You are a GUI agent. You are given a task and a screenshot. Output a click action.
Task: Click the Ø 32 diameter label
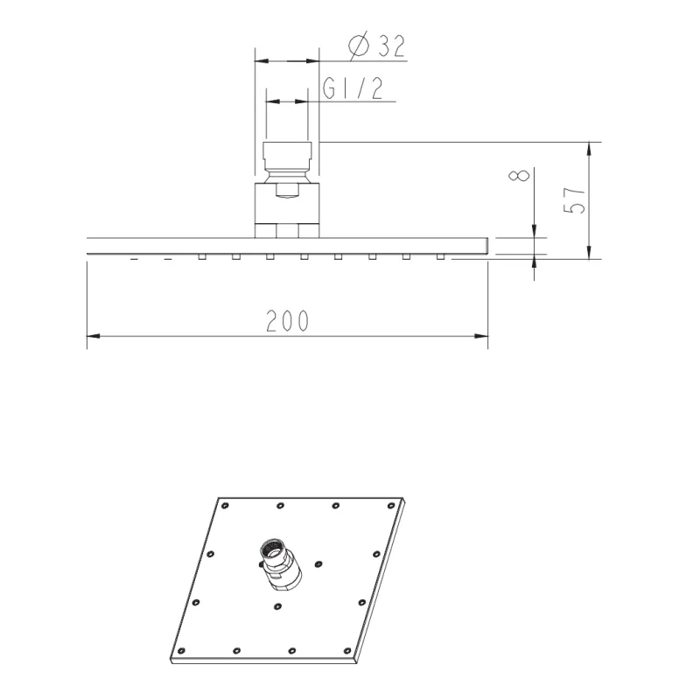coord(377,45)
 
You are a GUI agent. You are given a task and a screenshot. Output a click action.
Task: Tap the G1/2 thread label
coord(353,88)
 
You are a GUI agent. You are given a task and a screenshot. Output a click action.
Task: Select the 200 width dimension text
coord(287,320)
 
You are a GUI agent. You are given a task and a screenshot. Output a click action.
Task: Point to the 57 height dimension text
coord(574,200)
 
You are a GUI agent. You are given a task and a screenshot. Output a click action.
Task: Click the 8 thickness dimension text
coord(519,175)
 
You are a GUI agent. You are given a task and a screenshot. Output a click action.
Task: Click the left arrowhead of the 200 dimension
coord(94,336)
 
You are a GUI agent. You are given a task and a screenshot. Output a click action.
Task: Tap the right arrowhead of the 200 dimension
coord(481,336)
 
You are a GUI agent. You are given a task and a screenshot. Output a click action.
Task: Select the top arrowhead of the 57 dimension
coord(589,149)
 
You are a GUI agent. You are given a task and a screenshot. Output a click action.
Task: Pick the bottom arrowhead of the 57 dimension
coord(589,252)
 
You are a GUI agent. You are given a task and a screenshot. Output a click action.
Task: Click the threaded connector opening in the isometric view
coord(272,548)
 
